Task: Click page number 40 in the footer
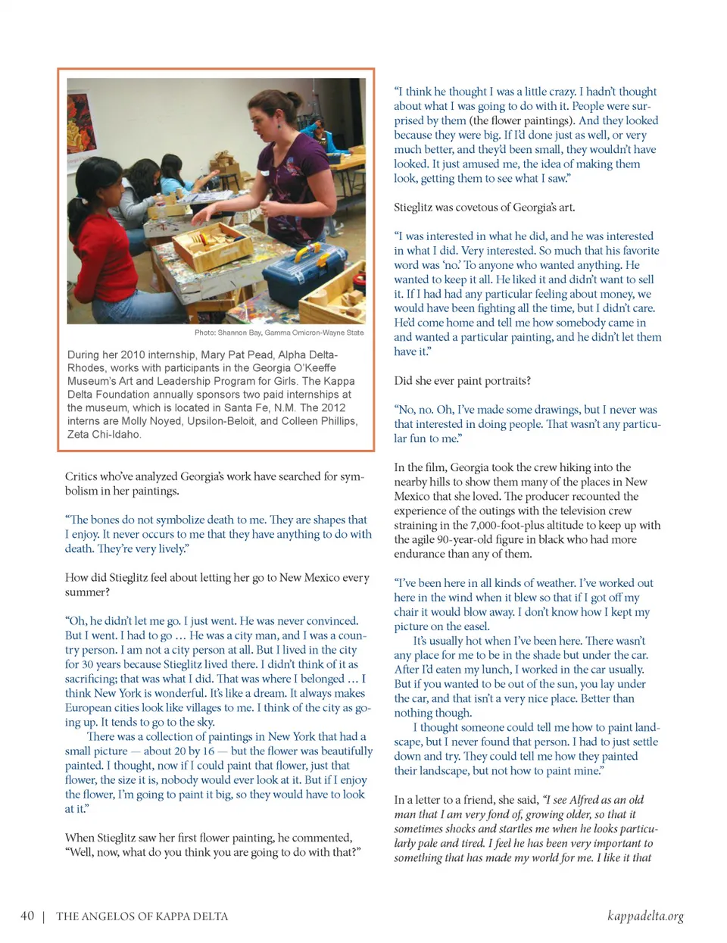pos(27,916)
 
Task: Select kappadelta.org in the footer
pos(645,916)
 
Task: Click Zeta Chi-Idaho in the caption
pos(104,434)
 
